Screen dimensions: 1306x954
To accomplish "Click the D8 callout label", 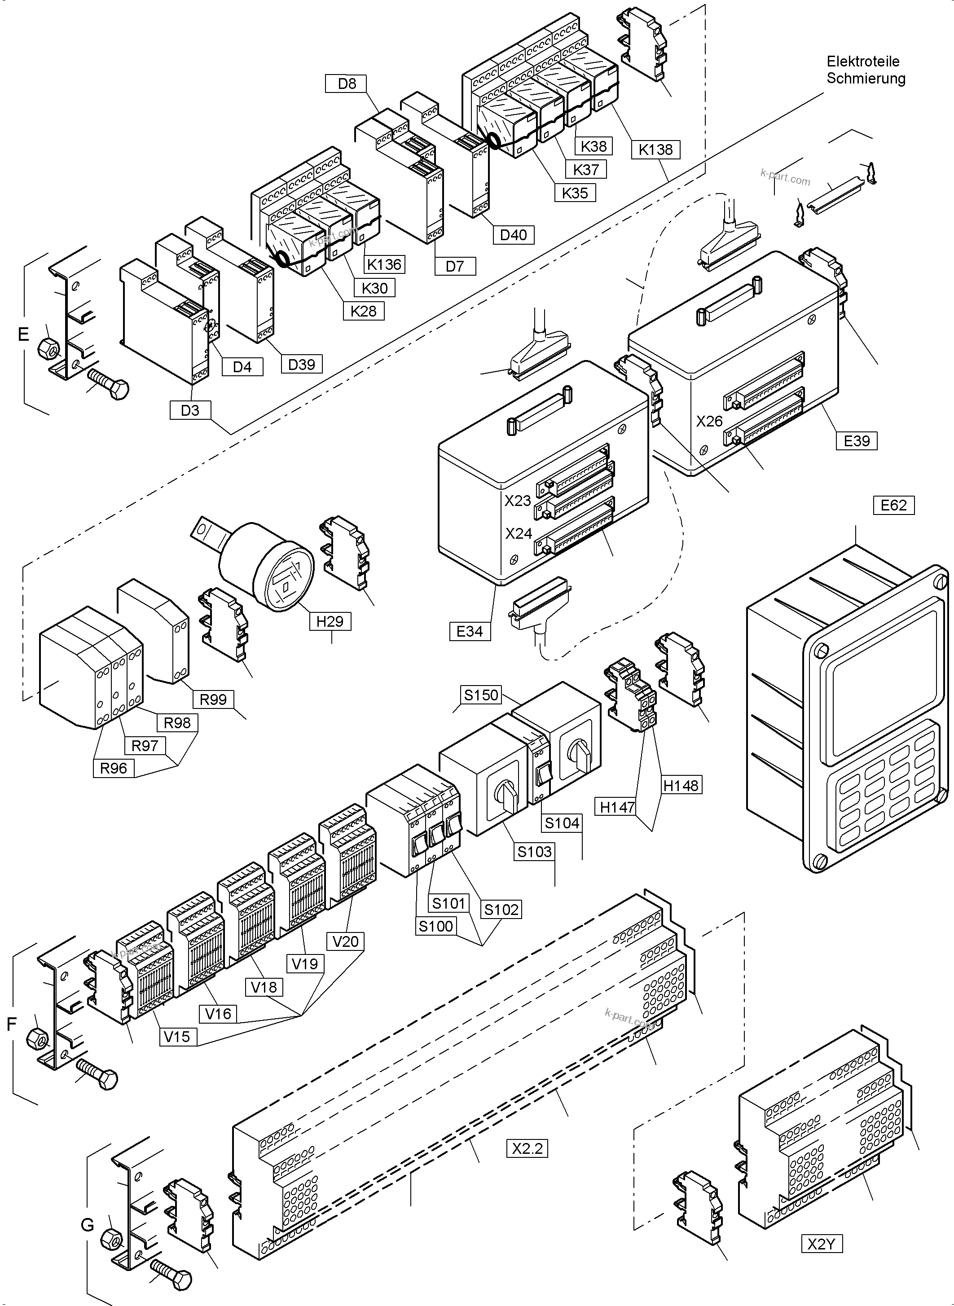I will click(x=347, y=84).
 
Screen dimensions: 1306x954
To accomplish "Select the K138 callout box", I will click(x=655, y=150).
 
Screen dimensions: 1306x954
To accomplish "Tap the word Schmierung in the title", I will click(x=866, y=79).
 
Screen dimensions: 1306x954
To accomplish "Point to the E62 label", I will click(x=893, y=505).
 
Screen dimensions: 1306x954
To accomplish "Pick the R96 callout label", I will click(x=113, y=768).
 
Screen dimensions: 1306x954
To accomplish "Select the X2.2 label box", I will click(x=527, y=1148).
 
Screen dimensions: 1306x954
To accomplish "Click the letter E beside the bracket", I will click(x=23, y=334).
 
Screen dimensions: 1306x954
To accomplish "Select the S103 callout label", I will click(x=534, y=851).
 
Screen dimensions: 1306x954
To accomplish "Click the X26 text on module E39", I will click(x=709, y=421).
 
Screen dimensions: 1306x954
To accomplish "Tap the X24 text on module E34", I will click(x=518, y=533).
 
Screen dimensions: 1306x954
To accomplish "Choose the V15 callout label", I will click(x=177, y=1036).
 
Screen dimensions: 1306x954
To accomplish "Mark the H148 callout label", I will click(x=681, y=785).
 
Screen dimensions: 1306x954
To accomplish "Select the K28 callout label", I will click(x=363, y=311).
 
